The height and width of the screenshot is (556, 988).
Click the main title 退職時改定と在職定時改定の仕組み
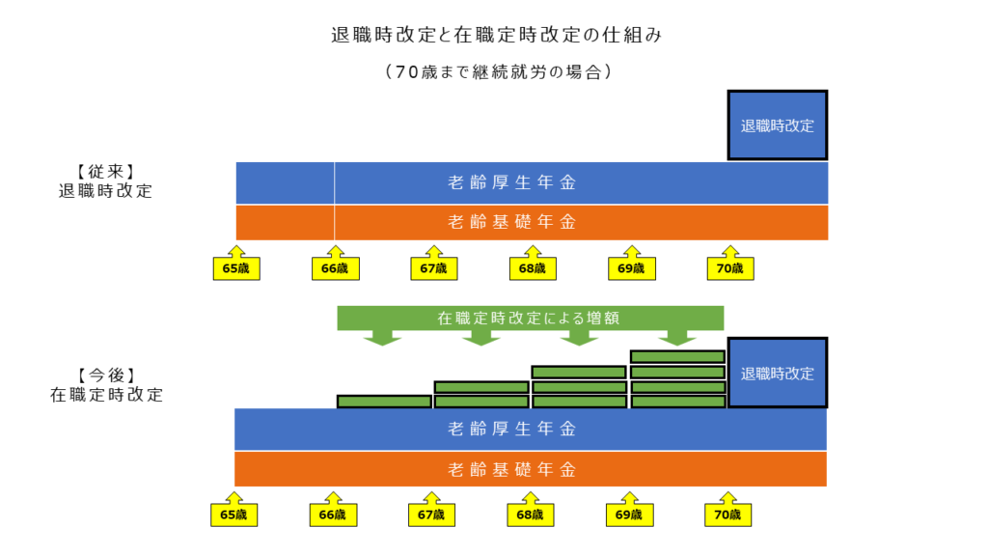(497, 35)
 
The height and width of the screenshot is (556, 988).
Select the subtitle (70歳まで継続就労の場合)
(498, 71)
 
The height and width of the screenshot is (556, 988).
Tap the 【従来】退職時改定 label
(106, 181)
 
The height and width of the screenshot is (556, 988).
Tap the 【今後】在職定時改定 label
(106, 384)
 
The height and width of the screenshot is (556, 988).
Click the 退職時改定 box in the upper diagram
(778, 125)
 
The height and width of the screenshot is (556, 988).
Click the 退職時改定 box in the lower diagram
(778, 373)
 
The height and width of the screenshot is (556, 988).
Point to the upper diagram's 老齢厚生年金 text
(512, 182)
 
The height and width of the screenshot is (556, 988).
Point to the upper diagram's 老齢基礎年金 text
(512, 222)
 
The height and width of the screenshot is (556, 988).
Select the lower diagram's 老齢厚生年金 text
(512, 430)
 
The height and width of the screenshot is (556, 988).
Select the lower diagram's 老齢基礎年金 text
(512, 470)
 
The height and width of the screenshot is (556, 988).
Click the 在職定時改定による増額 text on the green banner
(529, 318)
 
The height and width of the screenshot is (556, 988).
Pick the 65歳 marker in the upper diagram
(236, 264)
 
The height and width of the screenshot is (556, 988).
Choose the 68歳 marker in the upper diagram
(533, 264)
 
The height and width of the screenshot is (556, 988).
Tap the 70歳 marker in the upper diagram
(730, 264)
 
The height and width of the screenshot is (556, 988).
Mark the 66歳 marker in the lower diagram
(333, 510)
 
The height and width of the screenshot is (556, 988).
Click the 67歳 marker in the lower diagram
(431, 510)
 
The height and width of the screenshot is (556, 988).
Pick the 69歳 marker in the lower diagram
(629, 510)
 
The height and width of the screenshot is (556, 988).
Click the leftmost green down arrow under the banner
(382, 338)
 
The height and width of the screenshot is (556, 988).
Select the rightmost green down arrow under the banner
(677, 338)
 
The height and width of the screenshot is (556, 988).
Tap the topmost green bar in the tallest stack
(677, 357)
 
